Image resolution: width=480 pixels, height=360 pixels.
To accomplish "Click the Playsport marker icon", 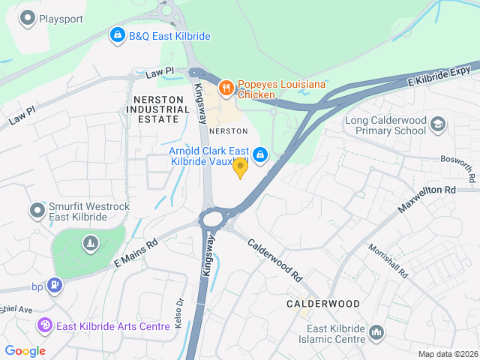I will [28, 17].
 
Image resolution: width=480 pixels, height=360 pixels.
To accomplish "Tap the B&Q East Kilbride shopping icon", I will [117, 35].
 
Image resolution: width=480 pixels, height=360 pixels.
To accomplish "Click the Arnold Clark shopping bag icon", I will [259, 154].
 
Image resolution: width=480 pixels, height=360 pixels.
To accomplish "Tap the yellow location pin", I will [240, 168].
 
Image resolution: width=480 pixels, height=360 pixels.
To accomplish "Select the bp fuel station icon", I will [54, 285].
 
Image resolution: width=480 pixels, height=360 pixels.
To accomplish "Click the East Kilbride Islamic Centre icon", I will [376, 331].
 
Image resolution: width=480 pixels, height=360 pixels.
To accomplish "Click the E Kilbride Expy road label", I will [438, 75].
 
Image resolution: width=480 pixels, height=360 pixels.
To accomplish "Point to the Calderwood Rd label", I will [274, 260].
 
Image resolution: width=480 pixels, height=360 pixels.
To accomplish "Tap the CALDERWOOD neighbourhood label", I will [322, 304].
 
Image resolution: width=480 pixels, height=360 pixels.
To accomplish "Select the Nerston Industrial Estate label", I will [157, 109].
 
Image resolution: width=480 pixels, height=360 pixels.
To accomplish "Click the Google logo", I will [25, 350].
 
